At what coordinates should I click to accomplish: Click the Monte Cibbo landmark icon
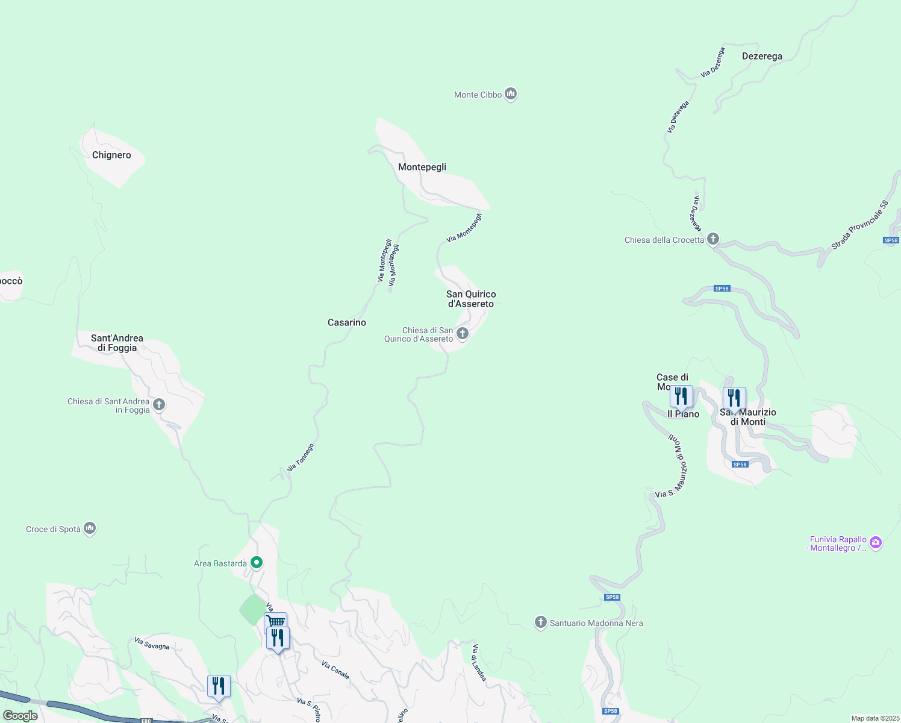click(x=511, y=94)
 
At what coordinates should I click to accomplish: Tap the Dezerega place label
click(x=762, y=56)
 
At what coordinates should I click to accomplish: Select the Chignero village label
click(x=111, y=155)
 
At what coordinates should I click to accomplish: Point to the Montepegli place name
click(x=422, y=167)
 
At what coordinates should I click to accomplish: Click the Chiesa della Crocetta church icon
click(x=713, y=239)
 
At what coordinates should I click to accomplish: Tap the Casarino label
click(x=347, y=322)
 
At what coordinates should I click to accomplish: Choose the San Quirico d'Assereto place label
click(x=471, y=299)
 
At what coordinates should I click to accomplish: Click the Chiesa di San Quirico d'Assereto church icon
click(x=463, y=333)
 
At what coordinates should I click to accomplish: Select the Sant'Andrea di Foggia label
click(x=117, y=343)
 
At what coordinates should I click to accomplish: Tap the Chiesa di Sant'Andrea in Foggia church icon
click(x=159, y=404)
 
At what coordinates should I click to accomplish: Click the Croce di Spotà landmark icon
click(x=90, y=528)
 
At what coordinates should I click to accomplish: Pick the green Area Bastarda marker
click(x=257, y=563)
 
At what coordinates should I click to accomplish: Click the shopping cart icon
click(x=275, y=621)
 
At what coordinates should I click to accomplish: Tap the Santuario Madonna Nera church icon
click(x=541, y=622)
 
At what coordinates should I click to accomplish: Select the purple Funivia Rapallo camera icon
click(x=876, y=542)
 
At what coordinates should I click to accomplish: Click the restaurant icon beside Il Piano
click(x=681, y=397)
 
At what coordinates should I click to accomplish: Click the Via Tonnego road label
click(x=301, y=457)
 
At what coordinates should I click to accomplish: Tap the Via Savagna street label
click(x=152, y=643)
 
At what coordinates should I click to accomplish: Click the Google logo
click(x=20, y=716)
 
